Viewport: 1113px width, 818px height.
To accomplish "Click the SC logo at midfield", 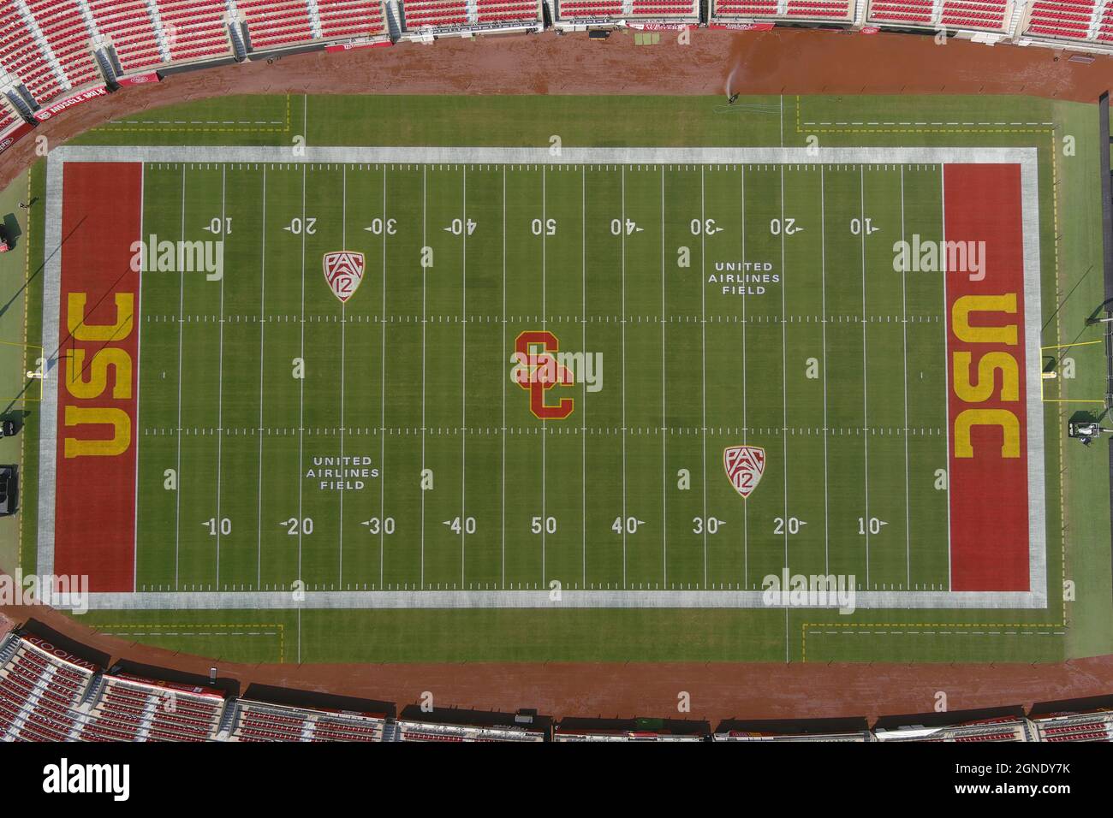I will pos(543,375).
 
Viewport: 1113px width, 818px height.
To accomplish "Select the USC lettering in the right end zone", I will pos(985,375).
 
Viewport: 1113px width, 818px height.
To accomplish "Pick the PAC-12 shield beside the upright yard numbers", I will pos(744,471).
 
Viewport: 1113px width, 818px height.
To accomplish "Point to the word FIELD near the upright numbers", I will pos(342,485).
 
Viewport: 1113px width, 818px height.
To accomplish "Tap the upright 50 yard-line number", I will pos(544,525).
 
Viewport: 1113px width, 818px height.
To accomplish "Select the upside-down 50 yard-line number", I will pos(544,227).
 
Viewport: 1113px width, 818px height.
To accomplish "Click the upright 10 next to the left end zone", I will pos(218,526).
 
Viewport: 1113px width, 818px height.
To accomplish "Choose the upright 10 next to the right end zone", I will pos(871,525).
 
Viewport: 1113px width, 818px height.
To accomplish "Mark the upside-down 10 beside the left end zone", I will pos(217,227).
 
